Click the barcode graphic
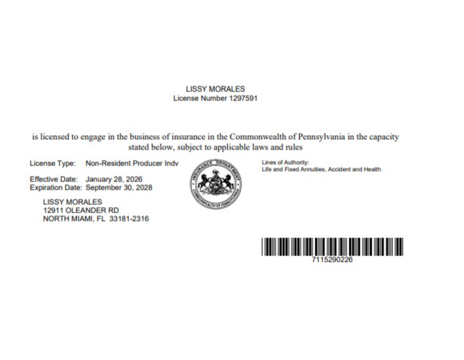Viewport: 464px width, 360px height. pyautogui.click(x=332, y=246)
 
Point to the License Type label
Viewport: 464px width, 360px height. pyautogui.click(x=52, y=164)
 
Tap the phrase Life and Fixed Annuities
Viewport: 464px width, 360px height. pyautogui.click(x=294, y=170)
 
